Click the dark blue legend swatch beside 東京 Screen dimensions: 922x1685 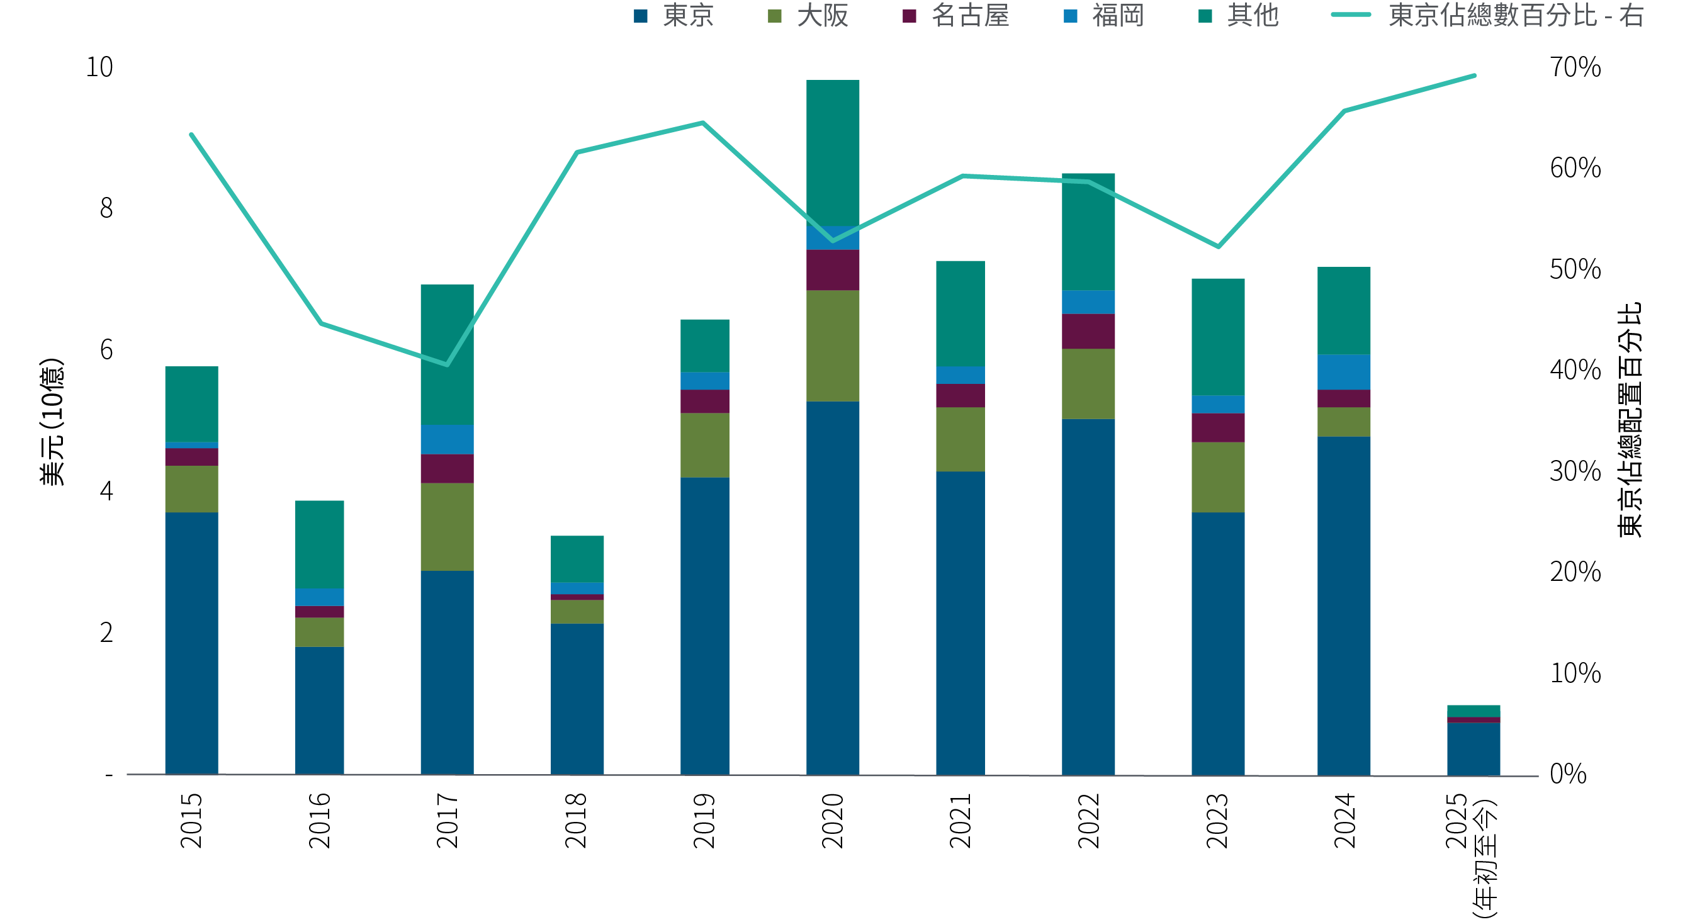(640, 16)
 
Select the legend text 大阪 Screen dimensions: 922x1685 (822, 16)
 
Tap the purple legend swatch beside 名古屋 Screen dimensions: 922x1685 (909, 16)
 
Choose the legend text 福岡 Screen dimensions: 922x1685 (1118, 16)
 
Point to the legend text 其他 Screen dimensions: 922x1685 (1252, 16)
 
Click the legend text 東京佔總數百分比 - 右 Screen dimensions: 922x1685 (1515, 16)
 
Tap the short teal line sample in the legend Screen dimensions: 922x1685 (1351, 14)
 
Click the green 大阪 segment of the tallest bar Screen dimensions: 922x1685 (833, 346)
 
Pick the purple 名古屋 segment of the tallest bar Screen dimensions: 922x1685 (833, 270)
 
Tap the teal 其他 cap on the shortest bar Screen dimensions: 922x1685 (1473, 711)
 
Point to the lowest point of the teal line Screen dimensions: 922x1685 (447, 364)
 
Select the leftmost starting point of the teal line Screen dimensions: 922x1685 (191, 135)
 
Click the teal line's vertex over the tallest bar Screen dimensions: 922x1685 (833, 241)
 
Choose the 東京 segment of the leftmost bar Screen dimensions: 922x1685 (191, 643)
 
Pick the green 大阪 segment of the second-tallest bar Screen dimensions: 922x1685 (1088, 384)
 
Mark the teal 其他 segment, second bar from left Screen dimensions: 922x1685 (319, 544)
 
